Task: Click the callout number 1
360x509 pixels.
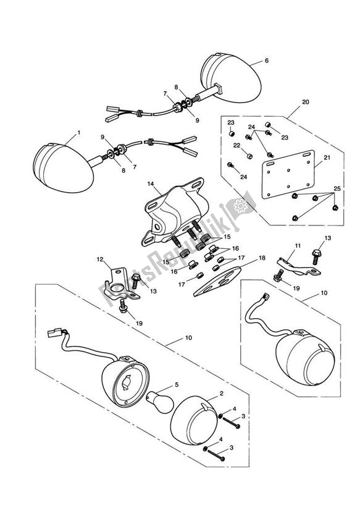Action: click(x=78, y=133)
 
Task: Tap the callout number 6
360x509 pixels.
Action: click(x=267, y=61)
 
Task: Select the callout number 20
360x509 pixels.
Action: click(x=306, y=103)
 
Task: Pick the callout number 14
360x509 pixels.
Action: click(x=149, y=184)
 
